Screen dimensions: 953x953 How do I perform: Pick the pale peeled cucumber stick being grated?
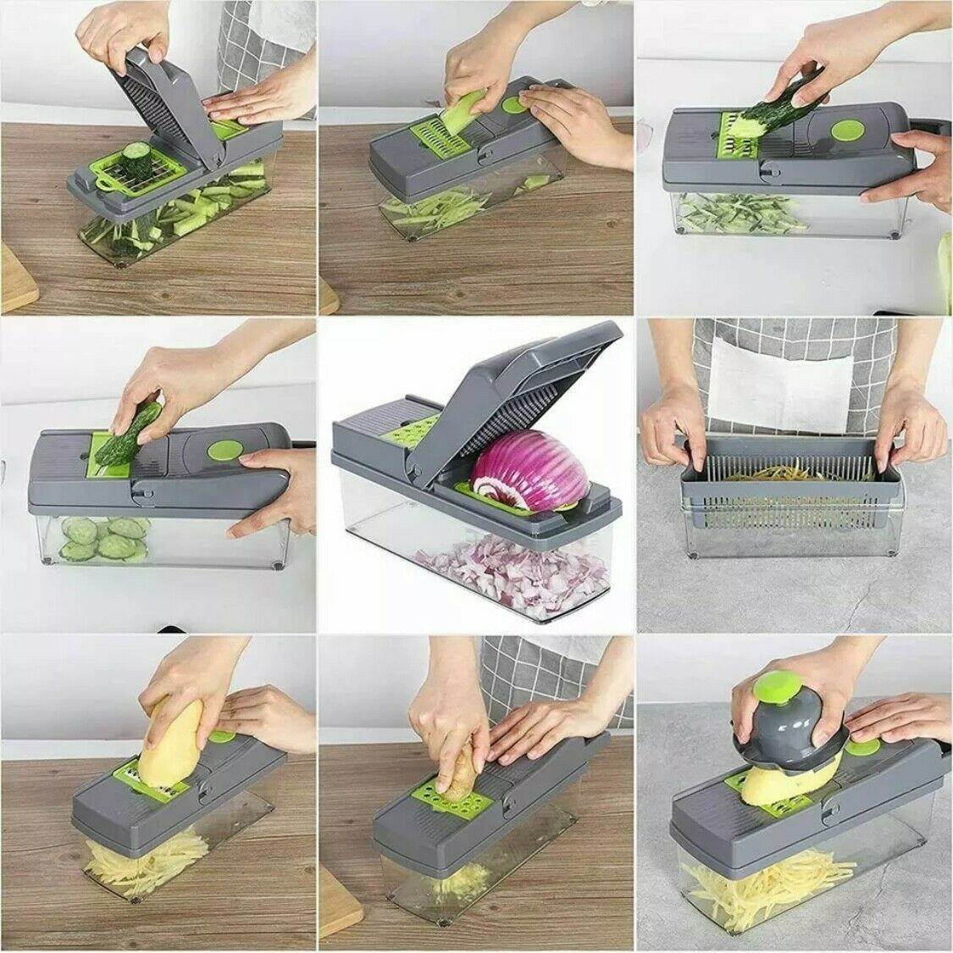click(x=457, y=114)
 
